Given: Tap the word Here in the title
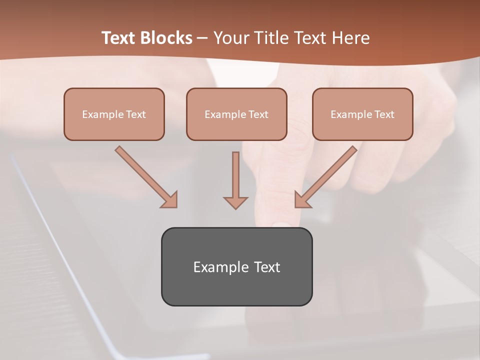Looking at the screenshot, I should coord(350,38).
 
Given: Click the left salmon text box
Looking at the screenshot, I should coord(114,114).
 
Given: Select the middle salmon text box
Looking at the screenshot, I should coord(236,114).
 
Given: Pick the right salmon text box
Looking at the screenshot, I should coord(362,114).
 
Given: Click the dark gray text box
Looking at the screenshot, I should coord(236,266).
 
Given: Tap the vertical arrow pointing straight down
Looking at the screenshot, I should coord(235,177).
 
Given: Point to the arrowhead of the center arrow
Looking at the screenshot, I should coord(235,202).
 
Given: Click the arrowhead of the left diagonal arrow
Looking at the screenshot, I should coord(170,199).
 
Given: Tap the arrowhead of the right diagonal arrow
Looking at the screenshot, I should coord(302,199).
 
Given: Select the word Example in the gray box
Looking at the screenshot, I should coord(221,267).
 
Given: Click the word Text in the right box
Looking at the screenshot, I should coord(384,114).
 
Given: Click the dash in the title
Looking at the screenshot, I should coord(202,38).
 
